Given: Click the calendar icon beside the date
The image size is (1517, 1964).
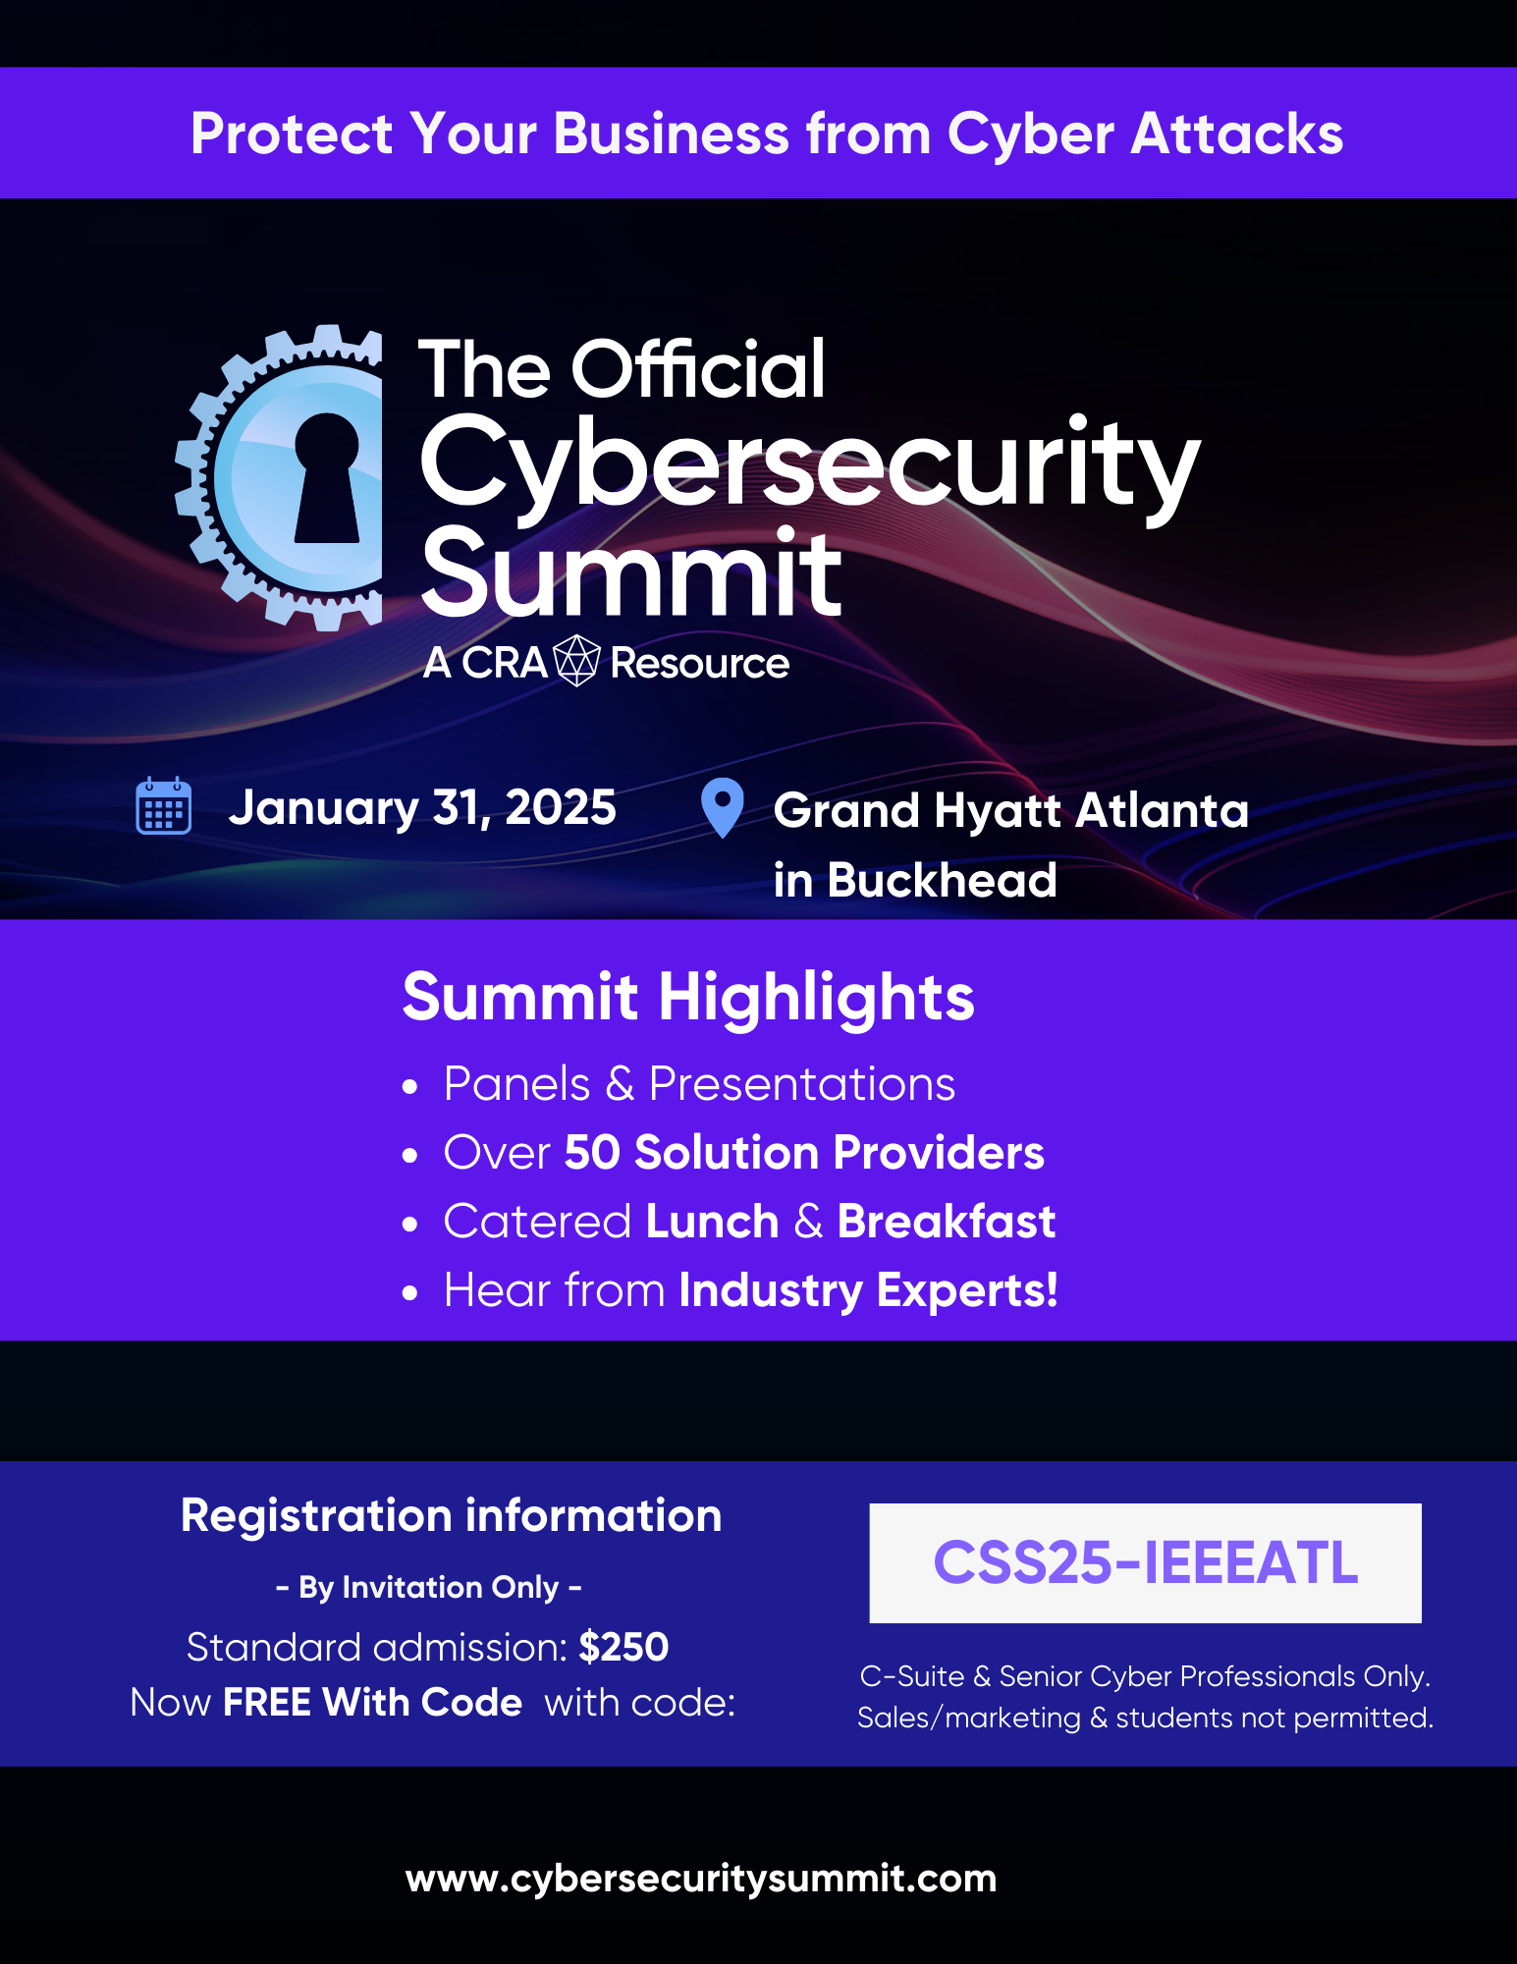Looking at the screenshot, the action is coord(163,805).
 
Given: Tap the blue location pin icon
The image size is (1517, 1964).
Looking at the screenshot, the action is coord(723,807).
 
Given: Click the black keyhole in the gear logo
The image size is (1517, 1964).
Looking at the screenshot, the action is coord(327,477).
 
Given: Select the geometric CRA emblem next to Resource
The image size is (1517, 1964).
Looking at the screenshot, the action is coord(576,661).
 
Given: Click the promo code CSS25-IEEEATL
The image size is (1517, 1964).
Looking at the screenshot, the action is coord(1145,1562).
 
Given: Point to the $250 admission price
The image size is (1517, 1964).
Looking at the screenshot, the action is coord(623,1647).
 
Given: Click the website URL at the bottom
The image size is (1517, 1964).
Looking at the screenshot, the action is coord(701,1879).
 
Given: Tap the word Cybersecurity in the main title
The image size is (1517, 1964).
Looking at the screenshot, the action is coord(810,464).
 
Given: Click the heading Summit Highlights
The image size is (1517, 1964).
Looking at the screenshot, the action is coord(688,998).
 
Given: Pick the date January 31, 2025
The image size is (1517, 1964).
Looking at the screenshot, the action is coord(422,808).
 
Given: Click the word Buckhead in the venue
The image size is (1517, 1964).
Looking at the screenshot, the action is coord(942,880).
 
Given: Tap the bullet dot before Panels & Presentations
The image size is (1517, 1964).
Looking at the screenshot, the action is coord(410,1087).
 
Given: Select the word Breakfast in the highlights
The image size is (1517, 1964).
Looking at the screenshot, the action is coord(947,1221).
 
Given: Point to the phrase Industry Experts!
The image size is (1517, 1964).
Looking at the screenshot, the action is coord(869,1290).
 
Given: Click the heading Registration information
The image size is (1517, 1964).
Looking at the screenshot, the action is coord(451,1515).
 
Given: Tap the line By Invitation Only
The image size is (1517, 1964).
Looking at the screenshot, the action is coord(429,1587).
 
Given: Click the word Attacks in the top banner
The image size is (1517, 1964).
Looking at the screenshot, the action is coord(1237,134).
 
